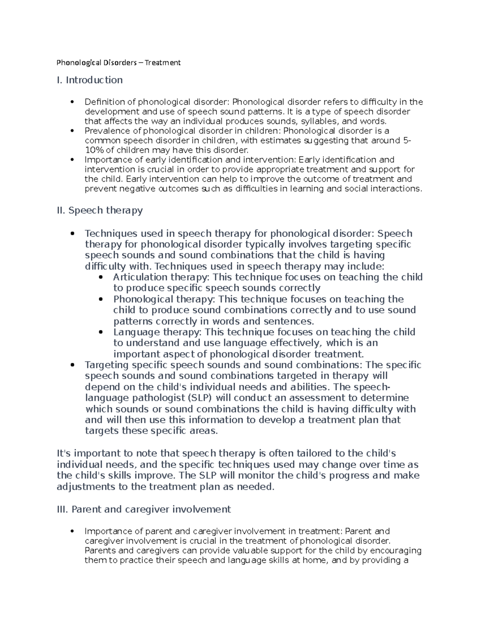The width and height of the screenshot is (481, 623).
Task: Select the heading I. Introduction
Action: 90,80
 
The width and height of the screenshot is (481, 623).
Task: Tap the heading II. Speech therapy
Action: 100,210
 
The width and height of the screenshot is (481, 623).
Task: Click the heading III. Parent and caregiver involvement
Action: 144,509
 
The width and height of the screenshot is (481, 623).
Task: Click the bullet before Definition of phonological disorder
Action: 72,102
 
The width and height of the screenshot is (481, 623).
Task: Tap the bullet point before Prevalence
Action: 72,131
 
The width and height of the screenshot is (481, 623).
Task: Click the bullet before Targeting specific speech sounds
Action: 72,365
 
